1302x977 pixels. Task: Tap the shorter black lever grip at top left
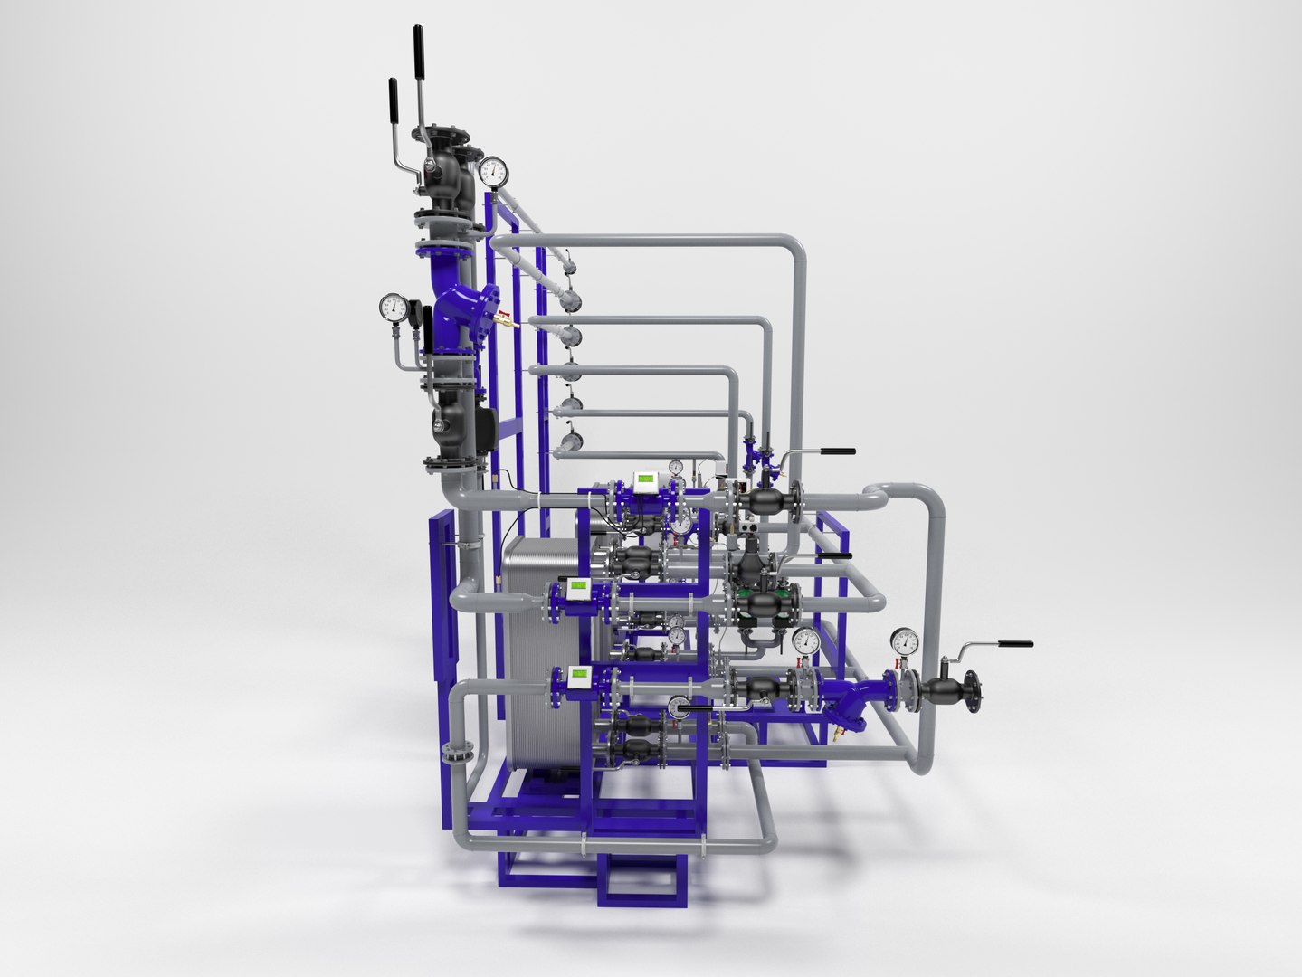pyautogui.click(x=394, y=97)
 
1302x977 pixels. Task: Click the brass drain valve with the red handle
pyautogui.click(x=503, y=318)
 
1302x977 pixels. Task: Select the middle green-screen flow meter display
pyautogui.click(x=577, y=589)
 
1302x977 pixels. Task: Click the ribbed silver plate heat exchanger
pyautogui.click(x=538, y=651)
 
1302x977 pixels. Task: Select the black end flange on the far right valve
pyautogui.click(x=974, y=690)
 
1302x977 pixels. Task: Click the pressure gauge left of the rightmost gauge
pyautogui.click(x=804, y=641)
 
